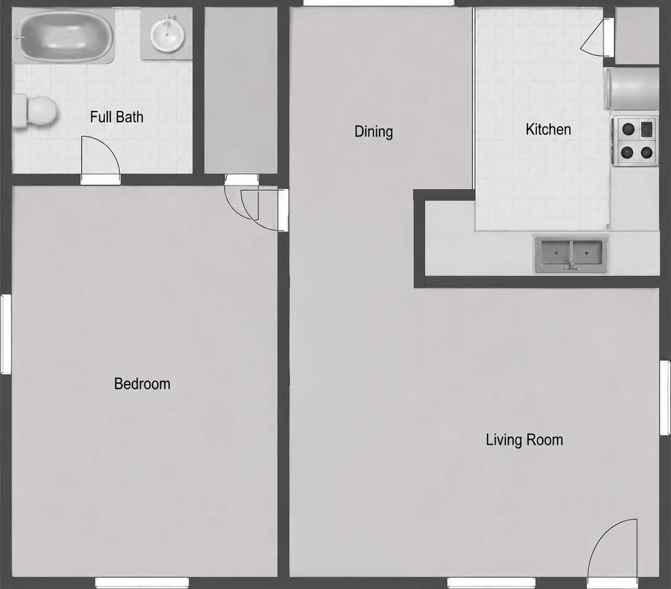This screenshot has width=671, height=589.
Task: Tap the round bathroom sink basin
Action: [x=167, y=34]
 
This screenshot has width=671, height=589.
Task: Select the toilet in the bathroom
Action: [x=35, y=110]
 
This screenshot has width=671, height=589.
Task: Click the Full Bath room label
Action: [x=117, y=117]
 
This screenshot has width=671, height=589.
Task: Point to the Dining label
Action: [x=374, y=131]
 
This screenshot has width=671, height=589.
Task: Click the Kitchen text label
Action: [x=548, y=129]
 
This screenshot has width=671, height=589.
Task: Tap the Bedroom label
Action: [x=142, y=383]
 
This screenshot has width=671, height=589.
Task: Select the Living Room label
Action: [x=524, y=440]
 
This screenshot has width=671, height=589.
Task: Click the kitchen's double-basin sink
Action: [x=571, y=253]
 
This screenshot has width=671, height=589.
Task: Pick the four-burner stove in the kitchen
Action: [x=635, y=141]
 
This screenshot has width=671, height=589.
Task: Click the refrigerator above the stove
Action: [x=632, y=88]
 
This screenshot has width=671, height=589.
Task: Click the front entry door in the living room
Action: [x=612, y=549]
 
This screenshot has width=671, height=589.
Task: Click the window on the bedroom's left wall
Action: [x=6, y=334]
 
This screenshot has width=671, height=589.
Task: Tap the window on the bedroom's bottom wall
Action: [x=142, y=583]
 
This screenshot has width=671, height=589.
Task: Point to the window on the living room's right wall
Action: [x=665, y=398]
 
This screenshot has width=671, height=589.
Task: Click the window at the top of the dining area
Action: [x=378, y=3]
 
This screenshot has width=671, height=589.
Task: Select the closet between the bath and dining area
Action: [x=240, y=90]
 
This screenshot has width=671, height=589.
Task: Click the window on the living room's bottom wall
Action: [x=491, y=583]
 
